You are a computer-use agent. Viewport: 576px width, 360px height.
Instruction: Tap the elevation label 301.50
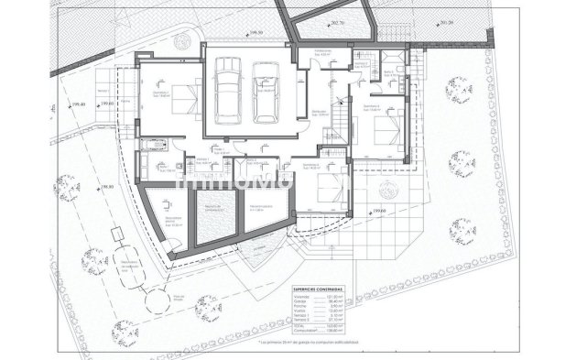tap(446, 23)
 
